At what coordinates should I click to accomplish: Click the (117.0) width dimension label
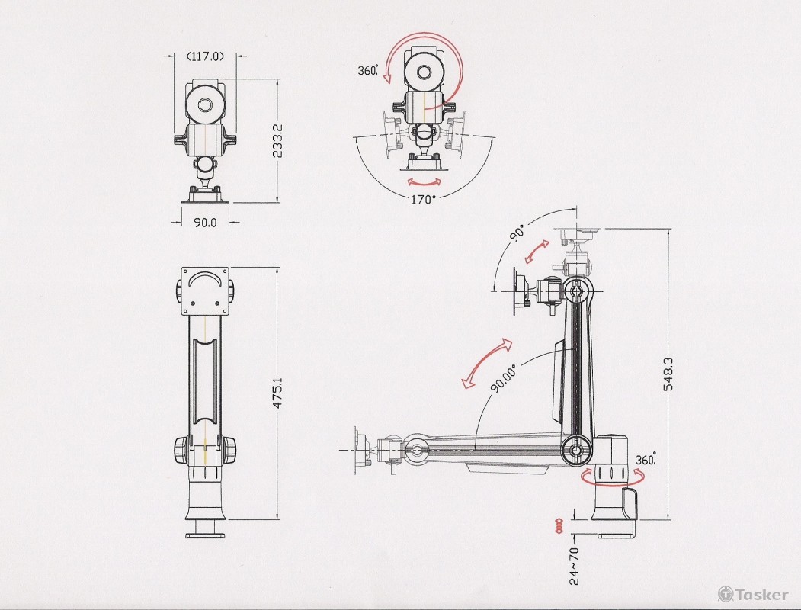coord(205,56)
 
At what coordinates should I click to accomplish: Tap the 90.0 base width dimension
coord(205,222)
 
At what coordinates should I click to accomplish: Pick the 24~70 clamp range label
coord(575,566)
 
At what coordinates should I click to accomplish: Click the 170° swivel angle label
coord(424,199)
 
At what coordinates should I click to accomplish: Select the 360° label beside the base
coord(646,459)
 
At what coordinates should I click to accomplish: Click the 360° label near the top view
coord(368,70)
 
